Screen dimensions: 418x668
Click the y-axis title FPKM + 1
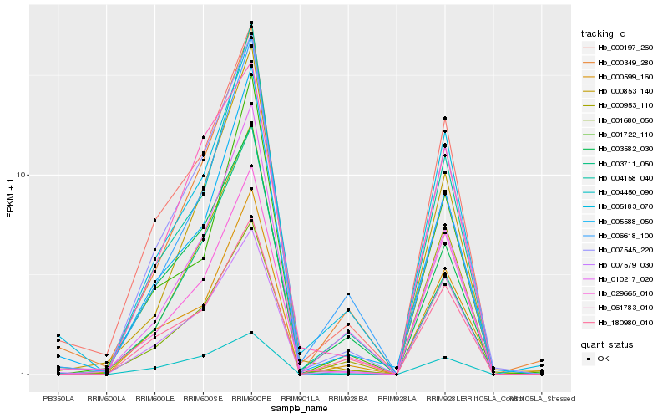tap(11, 201)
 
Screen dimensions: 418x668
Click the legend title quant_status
tap(607, 344)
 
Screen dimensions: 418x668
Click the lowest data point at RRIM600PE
tap(251, 333)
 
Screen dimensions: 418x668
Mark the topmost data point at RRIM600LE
tap(154, 220)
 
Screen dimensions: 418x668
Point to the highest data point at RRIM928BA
tap(348, 293)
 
